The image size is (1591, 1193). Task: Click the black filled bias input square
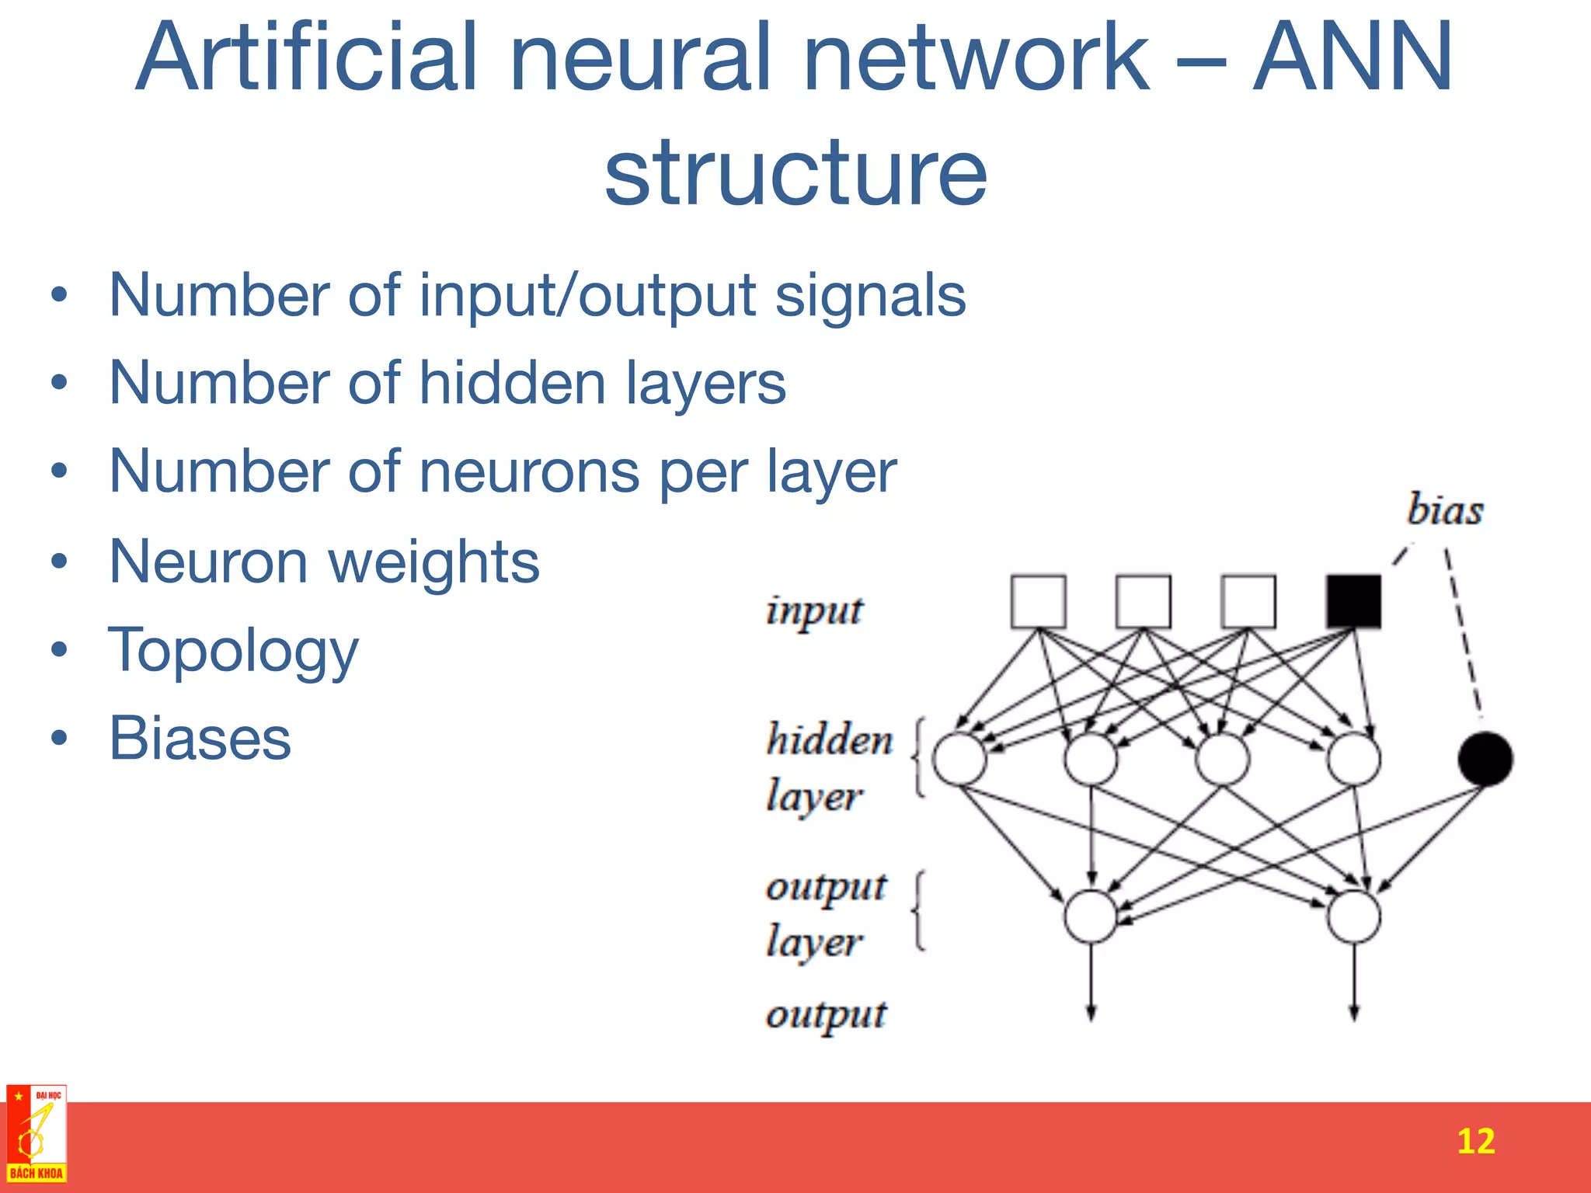pyautogui.click(x=1353, y=600)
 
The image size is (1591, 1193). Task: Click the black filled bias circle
pyautogui.click(x=1485, y=759)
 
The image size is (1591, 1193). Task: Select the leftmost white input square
pyautogui.click(x=1038, y=600)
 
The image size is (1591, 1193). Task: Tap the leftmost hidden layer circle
pyautogui.click(x=959, y=759)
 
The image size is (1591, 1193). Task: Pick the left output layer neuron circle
pyautogui.click(x=1091, y=916)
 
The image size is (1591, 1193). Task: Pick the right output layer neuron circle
pyautogui.click(x=1353, y=916)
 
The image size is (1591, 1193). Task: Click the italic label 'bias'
pyautogui.click(x=1444, y=510)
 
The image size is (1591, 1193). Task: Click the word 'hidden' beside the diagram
pyautogui.click(x=829, y=739)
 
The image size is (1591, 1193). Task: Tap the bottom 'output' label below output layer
pyautogui.click(x=826, y=1015)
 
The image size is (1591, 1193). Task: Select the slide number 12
pyautogui.click(x=1474, y=1141)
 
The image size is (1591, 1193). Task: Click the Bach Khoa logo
pyautogui.click(x=36, y=1134)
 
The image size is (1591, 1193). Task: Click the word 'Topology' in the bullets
pyautogui.click(x=233, y=651)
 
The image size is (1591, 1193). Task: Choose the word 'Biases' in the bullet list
pyautogui.click(x=200, y=738)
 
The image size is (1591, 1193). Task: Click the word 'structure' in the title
pyautogui.click(x=795, y=172)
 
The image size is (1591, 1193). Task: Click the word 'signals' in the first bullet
pyautogui.click(x=870, y=296)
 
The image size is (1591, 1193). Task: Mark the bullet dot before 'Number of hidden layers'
pyautogui.click(x=59, y=382)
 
